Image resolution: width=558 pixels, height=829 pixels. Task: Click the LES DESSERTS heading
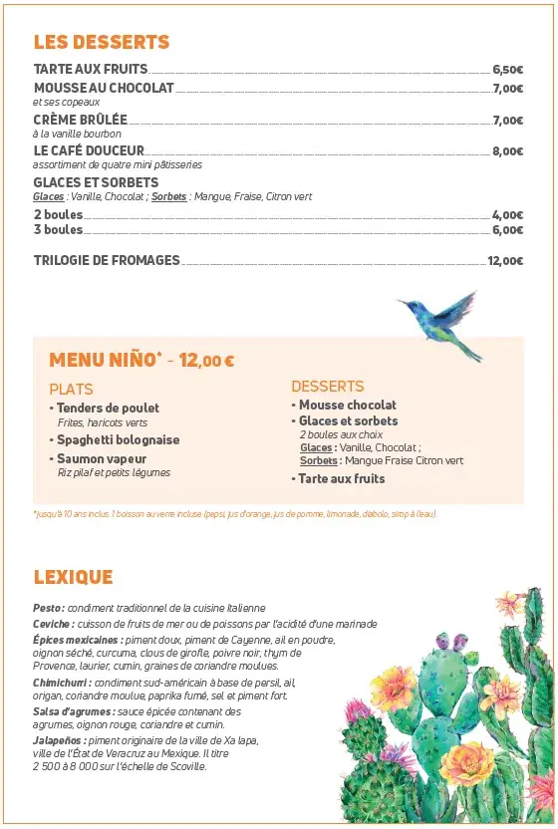[x=102, y=42]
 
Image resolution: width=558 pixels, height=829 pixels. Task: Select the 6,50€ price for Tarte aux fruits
[x=507, y=70]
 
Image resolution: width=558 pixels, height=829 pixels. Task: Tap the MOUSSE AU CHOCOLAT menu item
[x=104, y=88]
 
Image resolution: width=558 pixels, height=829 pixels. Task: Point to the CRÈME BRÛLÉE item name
[x=81, y=120]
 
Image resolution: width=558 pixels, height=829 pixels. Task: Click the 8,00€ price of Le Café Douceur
[x=507, y=151]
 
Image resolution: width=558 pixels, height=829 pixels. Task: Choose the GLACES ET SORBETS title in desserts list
[x=96, y=182]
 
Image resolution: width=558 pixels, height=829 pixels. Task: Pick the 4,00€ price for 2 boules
[x=507, y=215]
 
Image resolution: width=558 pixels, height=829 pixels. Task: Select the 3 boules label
[x=58, y=229]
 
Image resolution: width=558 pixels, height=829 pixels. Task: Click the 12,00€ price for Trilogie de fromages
[x=505, y=261]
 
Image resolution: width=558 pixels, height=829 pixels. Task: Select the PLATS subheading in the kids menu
[x=71, y=389]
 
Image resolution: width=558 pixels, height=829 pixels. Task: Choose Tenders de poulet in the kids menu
[x=108, y=408]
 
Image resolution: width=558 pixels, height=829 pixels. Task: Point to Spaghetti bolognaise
[x=118, y=439]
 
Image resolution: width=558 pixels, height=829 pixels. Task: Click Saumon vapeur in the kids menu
[x=104, y=458]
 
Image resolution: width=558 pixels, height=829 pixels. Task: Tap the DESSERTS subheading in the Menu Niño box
[x=327, y=386]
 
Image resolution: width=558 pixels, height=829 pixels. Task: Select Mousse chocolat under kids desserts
[x=348, y=405]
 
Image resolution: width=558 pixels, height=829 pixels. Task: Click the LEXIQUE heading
[x=73, y=577]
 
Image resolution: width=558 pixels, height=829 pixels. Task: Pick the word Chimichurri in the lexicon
[x=62, y=683]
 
